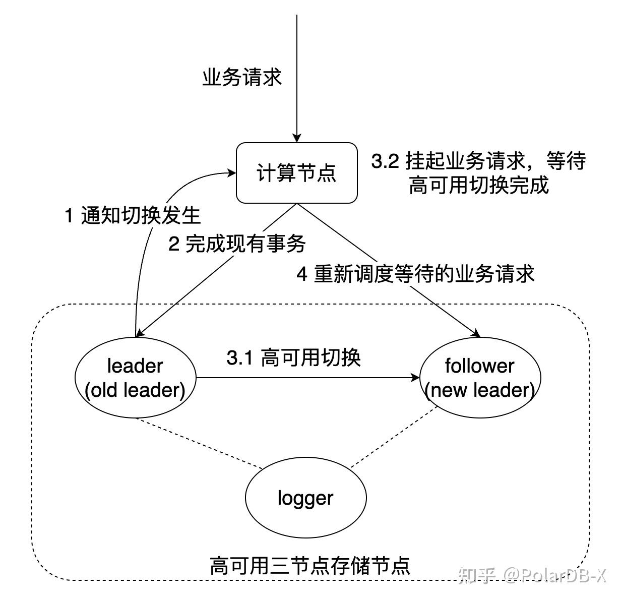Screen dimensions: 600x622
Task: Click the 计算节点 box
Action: point(297,173)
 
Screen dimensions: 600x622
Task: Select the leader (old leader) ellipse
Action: point(135,377)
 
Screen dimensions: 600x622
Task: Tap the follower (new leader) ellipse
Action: point(479,377)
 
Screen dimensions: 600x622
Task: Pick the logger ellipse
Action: point(305,498)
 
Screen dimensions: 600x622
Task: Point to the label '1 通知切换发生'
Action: point(133,216)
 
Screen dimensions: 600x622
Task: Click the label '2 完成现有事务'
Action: point(237,244)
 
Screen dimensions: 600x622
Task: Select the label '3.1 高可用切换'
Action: point(293,358)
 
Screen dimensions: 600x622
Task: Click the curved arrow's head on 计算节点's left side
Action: point(232,173)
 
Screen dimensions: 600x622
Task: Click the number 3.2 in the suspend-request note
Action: point(385,161)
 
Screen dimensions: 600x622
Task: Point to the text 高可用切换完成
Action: point(478,186)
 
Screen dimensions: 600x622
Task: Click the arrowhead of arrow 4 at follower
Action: point(475,333)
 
